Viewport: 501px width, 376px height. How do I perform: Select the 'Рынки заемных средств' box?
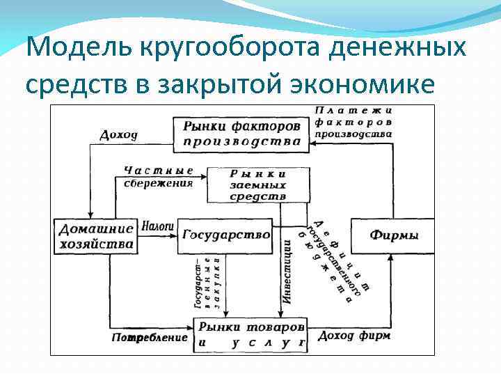coord(257,185)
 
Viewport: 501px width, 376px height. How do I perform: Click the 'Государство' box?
coord(226,235)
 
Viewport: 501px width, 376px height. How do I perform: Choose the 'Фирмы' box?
coord(394,235)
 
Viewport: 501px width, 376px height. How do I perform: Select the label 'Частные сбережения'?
coord(158,177)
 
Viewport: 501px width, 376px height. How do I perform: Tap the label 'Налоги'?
coord(157,226)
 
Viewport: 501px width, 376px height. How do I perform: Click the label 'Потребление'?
coord(150,338)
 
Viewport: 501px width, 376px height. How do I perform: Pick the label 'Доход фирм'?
coord(353,336)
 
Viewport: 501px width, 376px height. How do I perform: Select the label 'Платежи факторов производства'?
coord(353,121)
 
